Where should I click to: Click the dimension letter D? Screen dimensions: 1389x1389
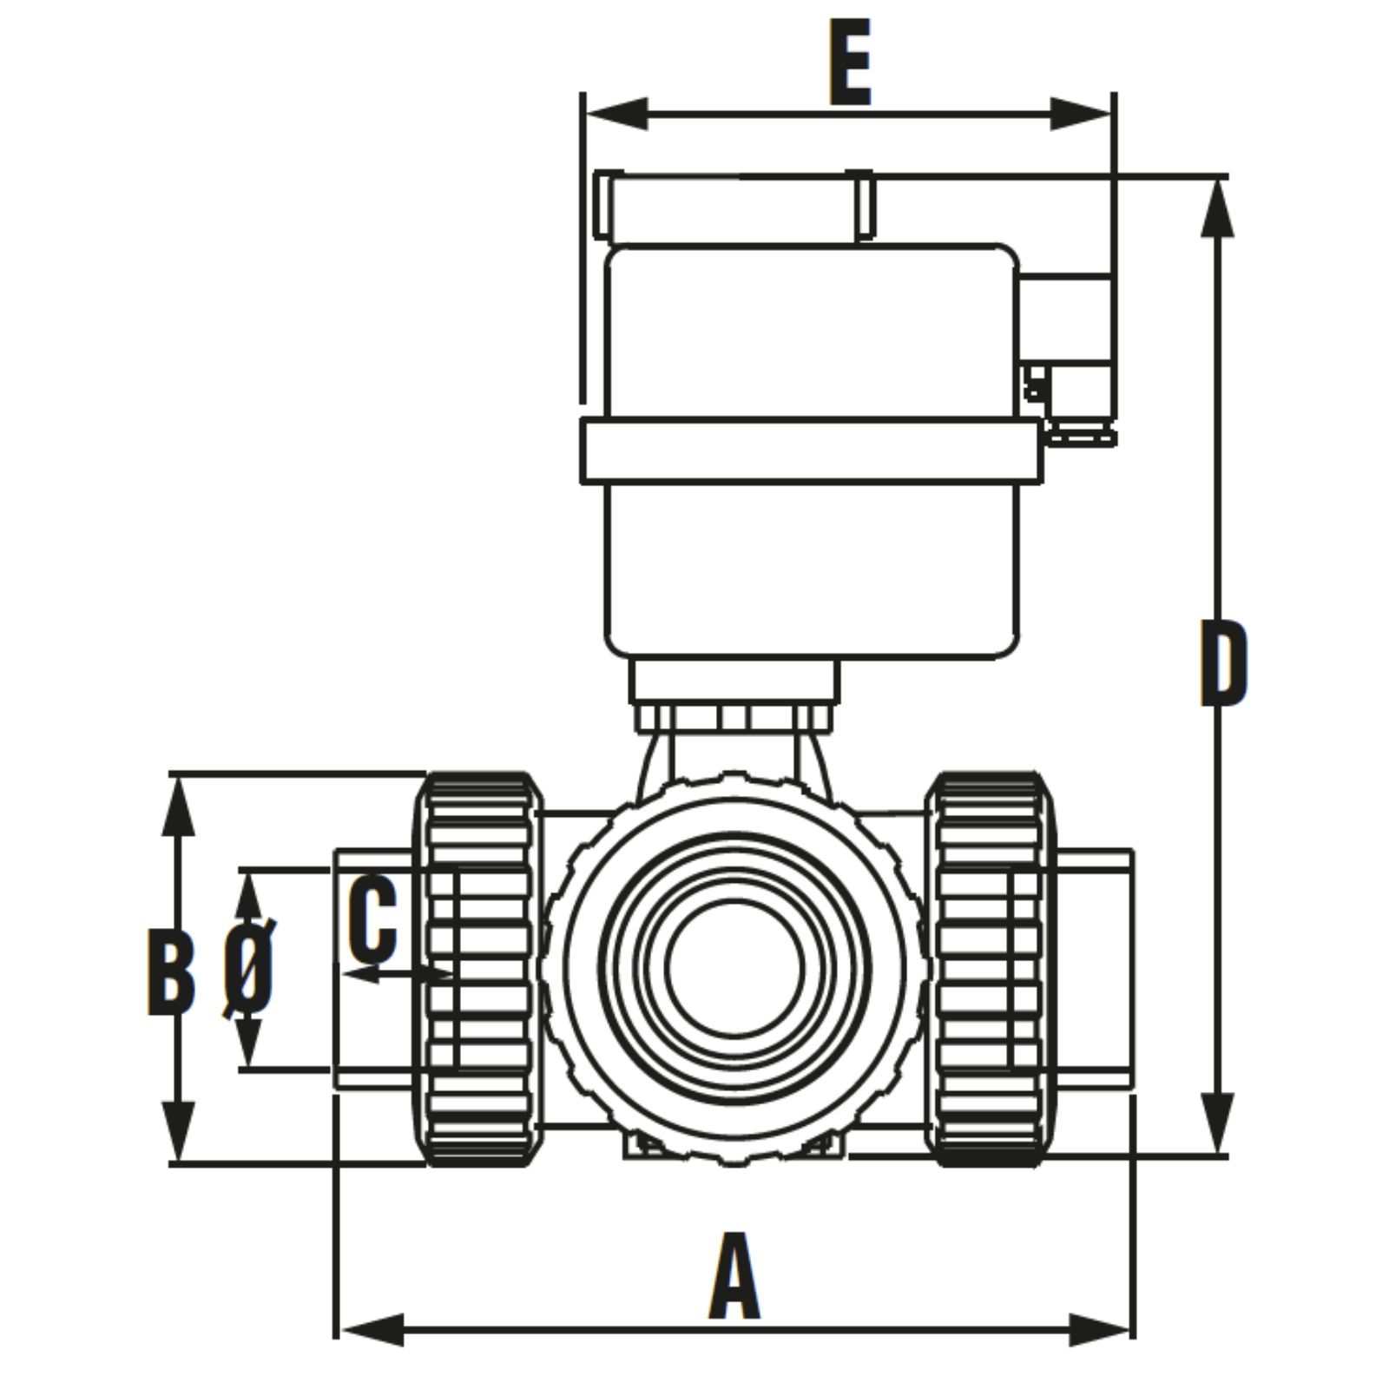click(x=1224, y=662)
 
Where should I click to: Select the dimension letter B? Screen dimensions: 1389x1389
click(x=171, y=971)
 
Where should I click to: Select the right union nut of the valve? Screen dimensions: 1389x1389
click(x=990, y=969)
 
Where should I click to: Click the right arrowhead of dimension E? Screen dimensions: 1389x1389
click(x=1082, y=114)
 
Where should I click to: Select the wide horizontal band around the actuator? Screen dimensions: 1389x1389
click(x=809, y=451)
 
